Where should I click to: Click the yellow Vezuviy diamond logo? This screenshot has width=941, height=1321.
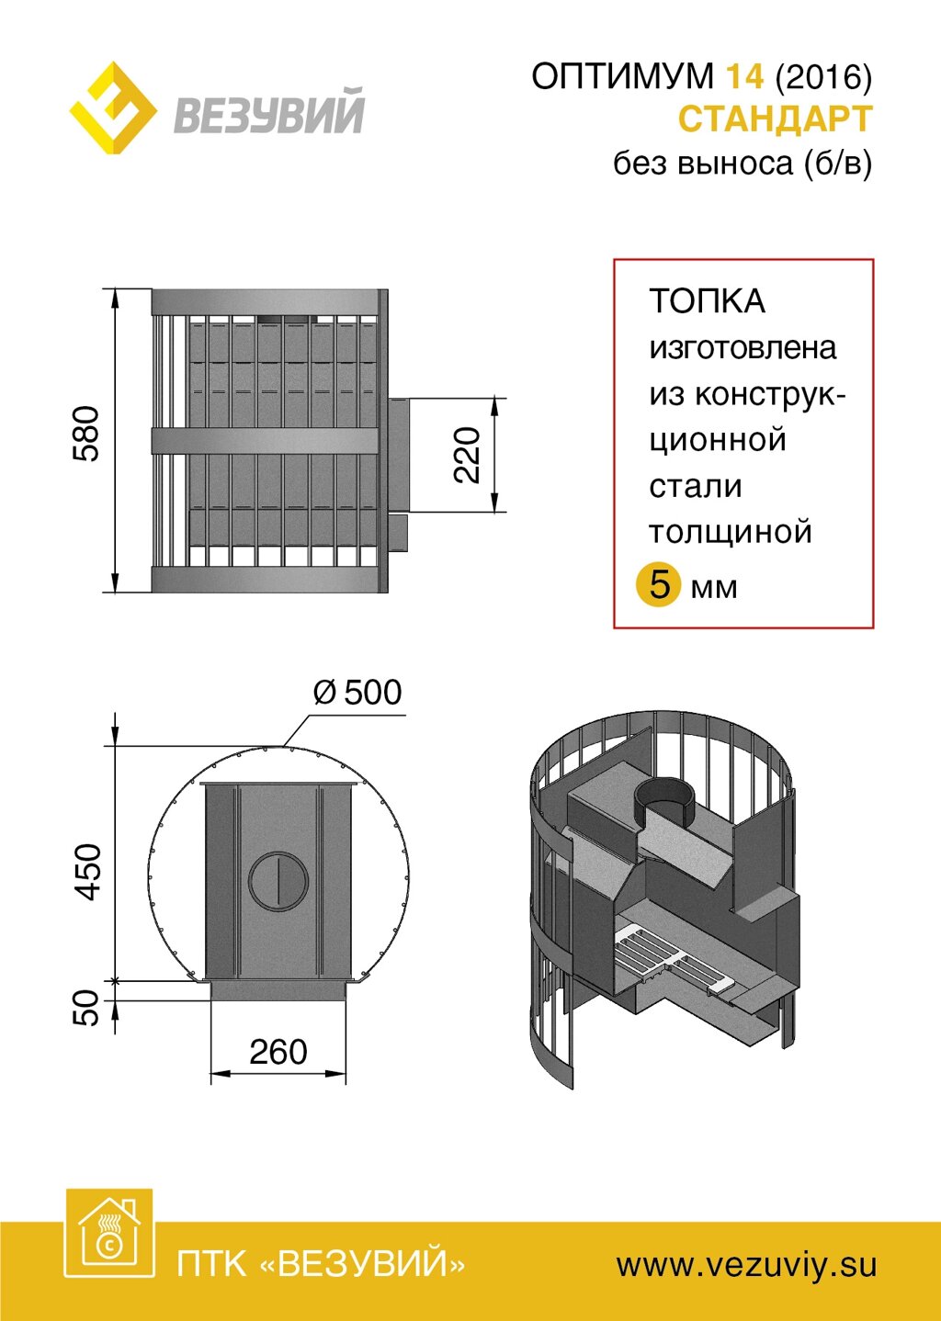(113, 108)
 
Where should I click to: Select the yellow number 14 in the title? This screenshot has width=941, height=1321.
(744, 76)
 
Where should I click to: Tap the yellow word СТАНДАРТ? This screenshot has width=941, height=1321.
(775, 119)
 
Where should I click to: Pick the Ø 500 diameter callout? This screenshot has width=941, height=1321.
(357, 692)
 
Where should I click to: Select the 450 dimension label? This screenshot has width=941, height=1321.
(88, 871)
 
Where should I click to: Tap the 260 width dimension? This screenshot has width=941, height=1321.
(278, 1052)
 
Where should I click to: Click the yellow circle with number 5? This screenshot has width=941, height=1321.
(659, 584)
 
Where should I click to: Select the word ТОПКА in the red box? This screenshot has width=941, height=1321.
(707, 301)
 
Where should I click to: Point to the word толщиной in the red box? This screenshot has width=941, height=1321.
(731, 532)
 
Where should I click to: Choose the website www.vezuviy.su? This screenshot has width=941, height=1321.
(746, 1265)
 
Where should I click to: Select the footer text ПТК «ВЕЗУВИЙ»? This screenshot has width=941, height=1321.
(321, 1265)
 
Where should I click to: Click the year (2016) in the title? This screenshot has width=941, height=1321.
(823, 76)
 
